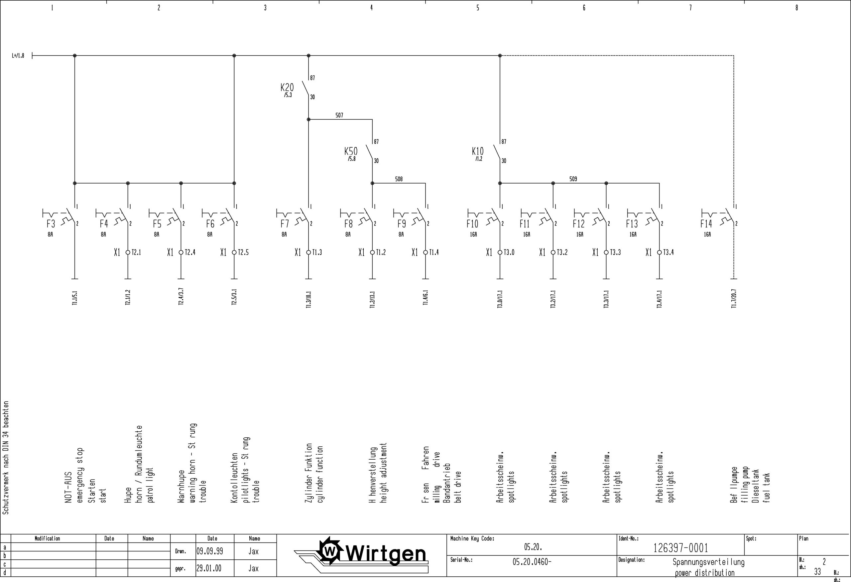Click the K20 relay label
pos(287,87)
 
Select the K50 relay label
pos(351,151)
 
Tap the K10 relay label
pos(477,151)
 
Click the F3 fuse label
pos(51,223)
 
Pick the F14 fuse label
pos(706,223)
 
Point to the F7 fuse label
pos(285,223)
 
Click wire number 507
pos(339,115)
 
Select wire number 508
pos(399,179)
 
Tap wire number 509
pos(573,179)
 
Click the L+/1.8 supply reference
pos(18,56)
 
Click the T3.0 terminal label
pos(509,252)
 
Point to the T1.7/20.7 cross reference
pos(734,299)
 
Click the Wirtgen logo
pos(374,554)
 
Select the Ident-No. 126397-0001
pos(680,548)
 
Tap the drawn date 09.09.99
pos(209,551)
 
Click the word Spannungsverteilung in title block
pos(708,562)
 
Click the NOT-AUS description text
pos(68,487)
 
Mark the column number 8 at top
pos(796,8)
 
